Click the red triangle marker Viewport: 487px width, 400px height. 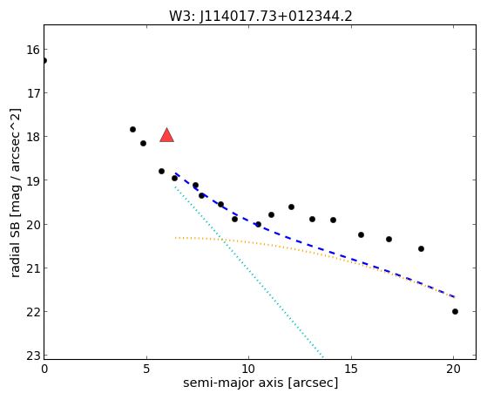(x=166, y=135)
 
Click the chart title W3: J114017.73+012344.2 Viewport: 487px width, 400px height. (x=260, y=17)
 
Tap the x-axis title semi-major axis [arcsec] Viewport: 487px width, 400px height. (x=260, y=383)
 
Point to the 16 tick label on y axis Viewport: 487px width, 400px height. (x=33, y=50)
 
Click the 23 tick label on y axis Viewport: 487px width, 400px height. (x=33, y=356)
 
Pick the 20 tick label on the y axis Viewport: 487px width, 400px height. (x=33, y=224)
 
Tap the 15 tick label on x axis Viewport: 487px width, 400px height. (x=351, y=369)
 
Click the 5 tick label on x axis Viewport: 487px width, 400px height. (x=146, y=369)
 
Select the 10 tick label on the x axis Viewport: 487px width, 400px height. (x=249, y=369)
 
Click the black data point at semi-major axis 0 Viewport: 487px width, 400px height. (x=44, y=60)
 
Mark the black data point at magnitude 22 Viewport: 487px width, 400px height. (x=455, y=311)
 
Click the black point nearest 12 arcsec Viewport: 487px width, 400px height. (x=291, y=207)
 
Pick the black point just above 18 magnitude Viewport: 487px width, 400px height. (x=132, y=129)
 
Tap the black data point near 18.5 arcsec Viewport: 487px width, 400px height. (x=421, y=248)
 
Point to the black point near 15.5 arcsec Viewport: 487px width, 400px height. (x=361, y=234)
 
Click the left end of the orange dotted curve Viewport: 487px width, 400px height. (x=175, y=238)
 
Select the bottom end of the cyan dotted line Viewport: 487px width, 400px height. (x=323, y=356)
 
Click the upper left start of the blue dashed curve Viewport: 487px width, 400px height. (x=176, y=173)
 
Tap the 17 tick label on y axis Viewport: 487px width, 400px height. (x=33, y=93)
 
